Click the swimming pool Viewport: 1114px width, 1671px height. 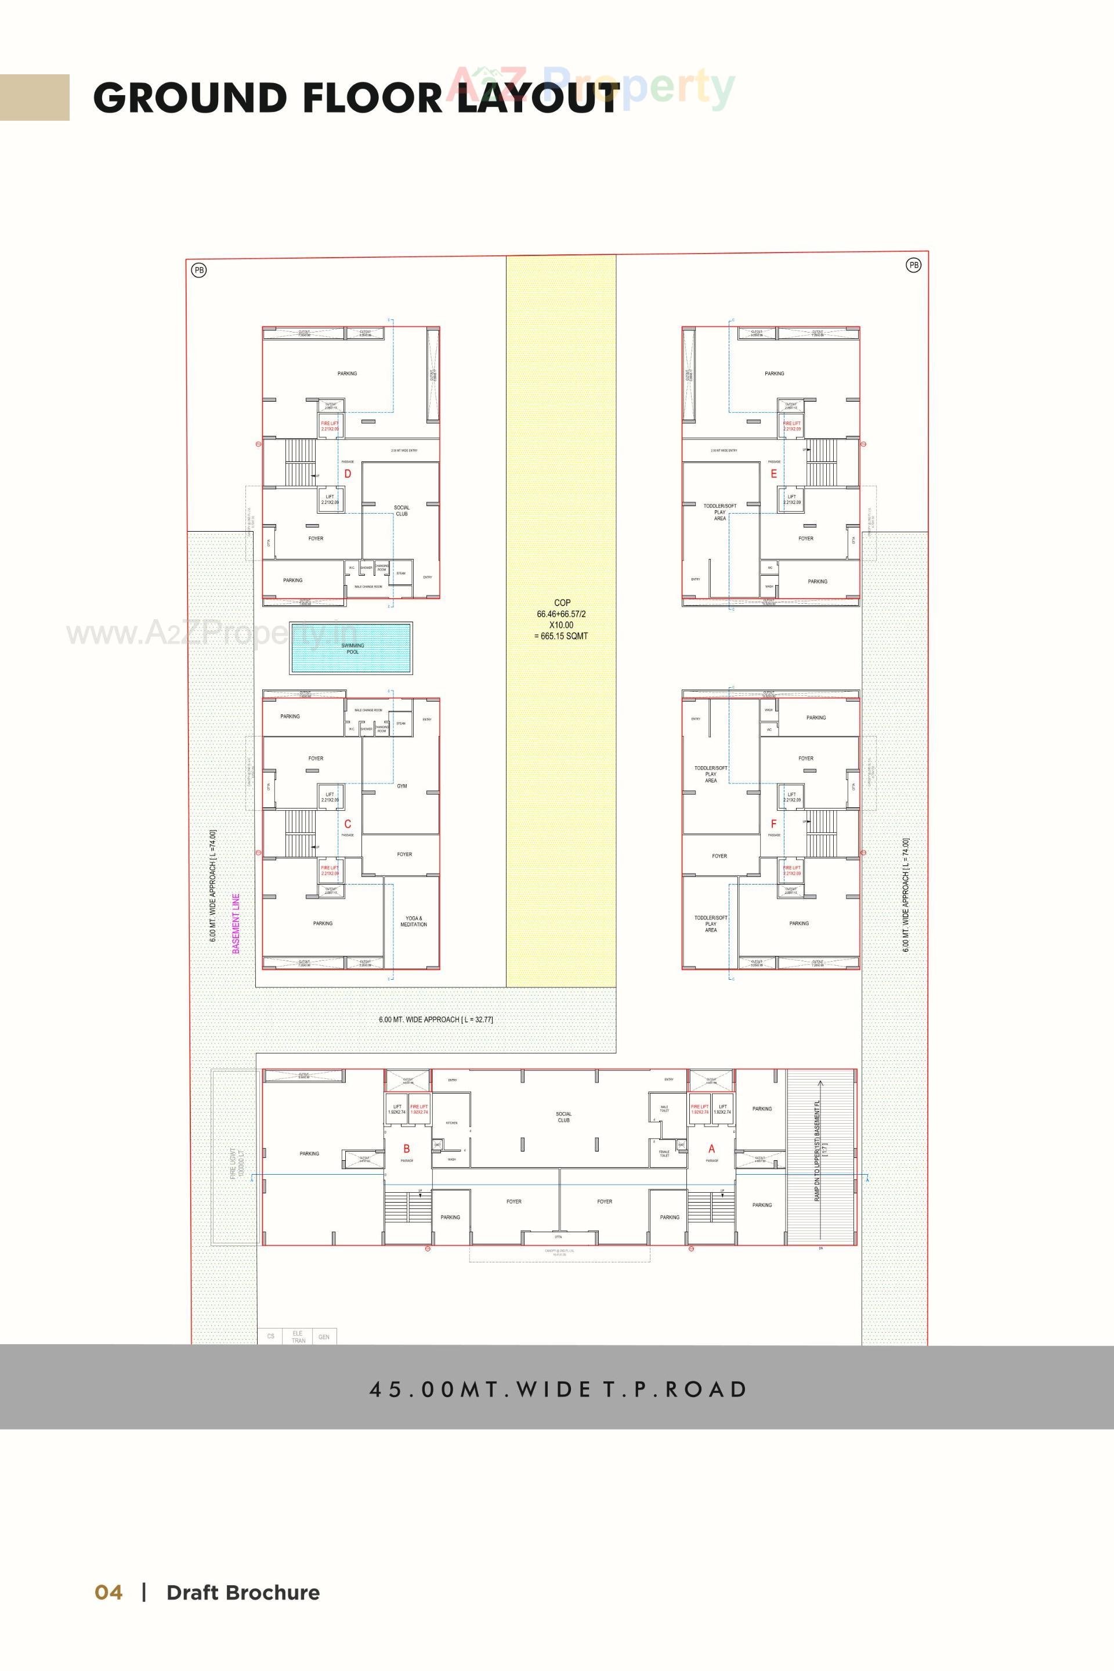coord(351,648)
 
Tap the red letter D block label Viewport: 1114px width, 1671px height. coord(348,474)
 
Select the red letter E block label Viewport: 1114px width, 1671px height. coord(773,474)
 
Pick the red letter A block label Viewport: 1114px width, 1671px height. coord(711,1148)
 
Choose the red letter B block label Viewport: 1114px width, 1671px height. coord(406,1148)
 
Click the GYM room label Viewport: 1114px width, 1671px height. coord(402,786)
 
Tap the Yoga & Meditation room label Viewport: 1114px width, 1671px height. coord(414,921)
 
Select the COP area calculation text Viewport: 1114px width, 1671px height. coord(561,619)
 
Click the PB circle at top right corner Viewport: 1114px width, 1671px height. coord(914,265)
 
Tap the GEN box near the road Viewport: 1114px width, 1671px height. coord(324,1336)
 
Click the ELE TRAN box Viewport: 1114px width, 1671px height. coord(298,1336)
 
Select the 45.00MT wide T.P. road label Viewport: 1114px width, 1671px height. coord(558,1389)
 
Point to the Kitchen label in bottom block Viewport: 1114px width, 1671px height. coord(452,1123)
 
